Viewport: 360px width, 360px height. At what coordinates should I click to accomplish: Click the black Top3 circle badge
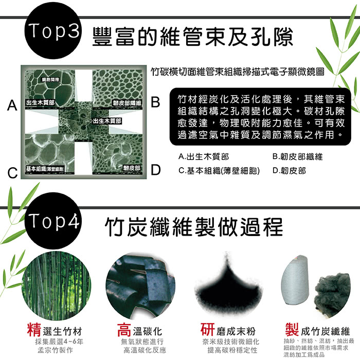pyautogui.click(x=53, y=30)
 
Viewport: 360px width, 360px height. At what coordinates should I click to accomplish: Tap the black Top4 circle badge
pyautogui.click(x=53, y=221)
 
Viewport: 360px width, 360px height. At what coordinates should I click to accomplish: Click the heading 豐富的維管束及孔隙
pyautogui.click(x=192, y=37)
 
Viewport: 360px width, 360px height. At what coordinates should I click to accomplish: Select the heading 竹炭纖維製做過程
pyautogui.click(x=193, y=227)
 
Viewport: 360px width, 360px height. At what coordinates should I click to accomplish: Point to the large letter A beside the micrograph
pyautogui.click(x=12, y=105)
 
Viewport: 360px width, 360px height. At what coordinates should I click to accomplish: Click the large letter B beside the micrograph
pyautogui.click(x=155, y=102)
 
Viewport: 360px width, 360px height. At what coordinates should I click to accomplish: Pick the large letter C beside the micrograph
pyautogui.click(x=12, y=173)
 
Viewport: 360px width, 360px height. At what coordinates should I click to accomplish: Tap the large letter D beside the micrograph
pyautogui.click(x=156, y=170)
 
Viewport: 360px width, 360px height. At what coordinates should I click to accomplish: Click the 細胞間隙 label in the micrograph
pyautogui.click(x=50, y=79)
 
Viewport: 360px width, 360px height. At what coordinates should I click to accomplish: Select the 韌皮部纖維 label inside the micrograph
pyautogui.click(x=127, y=103)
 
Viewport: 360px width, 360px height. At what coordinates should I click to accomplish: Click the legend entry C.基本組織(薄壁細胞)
pyautogui.click(x=219, y=171)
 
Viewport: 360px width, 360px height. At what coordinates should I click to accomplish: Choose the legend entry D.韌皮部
pyautogui.click(x=289, y=171)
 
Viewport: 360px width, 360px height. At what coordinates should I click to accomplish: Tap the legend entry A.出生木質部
pyautogui.click(x=204, y=156)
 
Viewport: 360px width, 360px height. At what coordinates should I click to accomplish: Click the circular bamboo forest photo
pyautogui.click(x=56, y=286)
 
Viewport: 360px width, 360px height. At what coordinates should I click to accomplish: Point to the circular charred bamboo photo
pyautogui.click(x=140, y=286)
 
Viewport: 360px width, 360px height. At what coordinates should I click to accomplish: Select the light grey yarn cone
pyautogui.click(x=295, y=281)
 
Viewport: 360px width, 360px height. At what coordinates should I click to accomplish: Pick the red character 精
pyautogui.click(x=34, y=330)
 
